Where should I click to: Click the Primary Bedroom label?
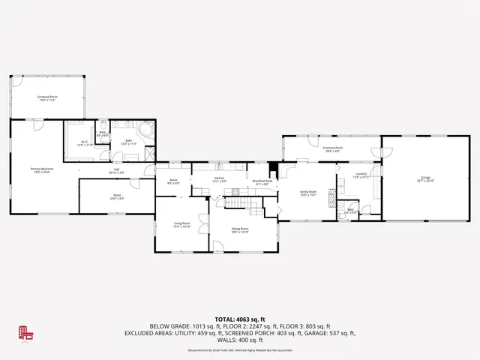(x=40, y=171)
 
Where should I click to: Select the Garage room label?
(x=425, y=179)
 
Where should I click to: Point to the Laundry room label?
(x=361, y=175)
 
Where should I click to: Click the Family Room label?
(x=308, y=193)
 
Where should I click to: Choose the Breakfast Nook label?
(x=261, y=182)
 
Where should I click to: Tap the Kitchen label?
(x=219, y=180)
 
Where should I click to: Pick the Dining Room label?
(x=240, y=230)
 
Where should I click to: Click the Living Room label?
(x=181, y=226)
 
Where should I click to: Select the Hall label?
(x=117, y=171)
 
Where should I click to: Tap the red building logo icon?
(x=26, y=334)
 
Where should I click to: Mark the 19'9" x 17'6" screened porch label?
(x=47, y=97)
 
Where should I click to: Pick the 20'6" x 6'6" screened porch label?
(x=333, y=149)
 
